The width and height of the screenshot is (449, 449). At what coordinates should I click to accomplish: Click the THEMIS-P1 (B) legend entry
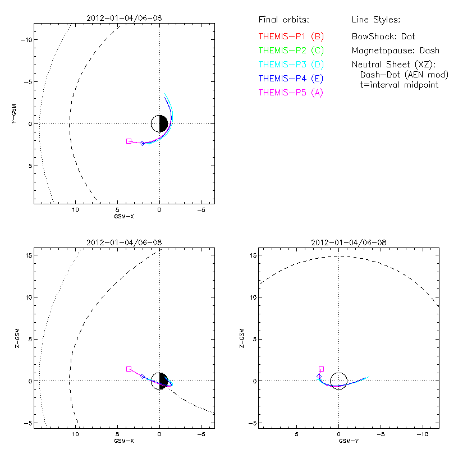pyautogui.click(x=291, y=36)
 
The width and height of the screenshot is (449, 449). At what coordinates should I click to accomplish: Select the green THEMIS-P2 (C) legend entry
pyautogui.click(x=291, y=51)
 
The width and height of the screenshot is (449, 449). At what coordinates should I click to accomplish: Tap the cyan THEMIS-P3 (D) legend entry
pyautogui.click(x=291, y=65)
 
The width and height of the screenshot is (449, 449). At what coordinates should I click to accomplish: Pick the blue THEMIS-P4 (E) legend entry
pyautogui.click(x=291, y=79)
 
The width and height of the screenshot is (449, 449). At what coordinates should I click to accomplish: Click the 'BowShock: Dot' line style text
pyautogui.click(x=383, y=36)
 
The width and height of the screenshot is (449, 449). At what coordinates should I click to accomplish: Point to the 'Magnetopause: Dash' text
pyautogui.click(x=395, y=51)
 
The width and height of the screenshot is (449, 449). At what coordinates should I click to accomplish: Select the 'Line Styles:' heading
pyautogui.click(x=375, y=20)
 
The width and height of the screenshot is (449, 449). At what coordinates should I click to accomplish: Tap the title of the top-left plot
pyautogui.click(x=124, y=18)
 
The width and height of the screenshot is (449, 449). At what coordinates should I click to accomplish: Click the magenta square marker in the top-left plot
pyautogui.click(x=129, y=141)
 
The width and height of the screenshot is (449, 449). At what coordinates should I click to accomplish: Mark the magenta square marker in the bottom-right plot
pyautogui.click(x=321, y=369)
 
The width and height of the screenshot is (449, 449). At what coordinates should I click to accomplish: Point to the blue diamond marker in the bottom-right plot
pyautogui.click(x=319, y=376)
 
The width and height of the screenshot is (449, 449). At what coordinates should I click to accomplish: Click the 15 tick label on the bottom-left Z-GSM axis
pyautogui.click(x=26, y=255)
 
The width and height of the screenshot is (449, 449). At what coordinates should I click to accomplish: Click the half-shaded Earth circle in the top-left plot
pyautogui.click(x=160, y=123)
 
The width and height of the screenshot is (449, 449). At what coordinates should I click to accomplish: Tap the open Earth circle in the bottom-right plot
pyautogui.click(x=338, y=381)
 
